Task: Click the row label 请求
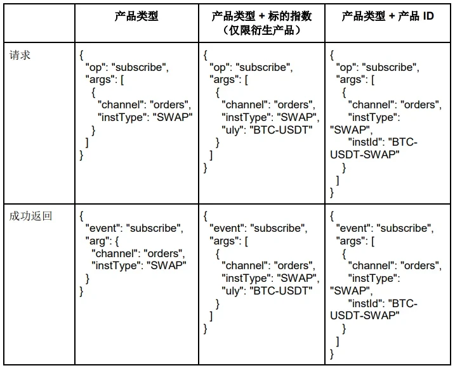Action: [20, 55]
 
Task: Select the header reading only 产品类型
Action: [136, 16]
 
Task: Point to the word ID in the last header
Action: [428, 16]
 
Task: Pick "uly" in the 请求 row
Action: [232, 129]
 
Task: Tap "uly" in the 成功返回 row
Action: [232, 290]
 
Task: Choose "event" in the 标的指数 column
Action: [227, 229]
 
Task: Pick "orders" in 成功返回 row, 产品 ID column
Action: [420, 265]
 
